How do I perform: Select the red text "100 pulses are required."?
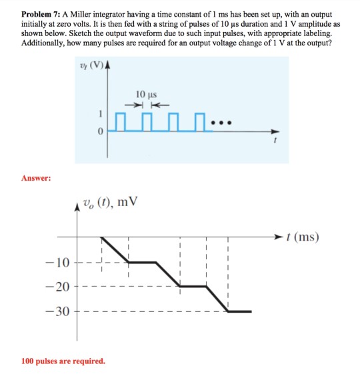63,361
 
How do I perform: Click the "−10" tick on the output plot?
57,262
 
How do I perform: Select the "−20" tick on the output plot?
57,287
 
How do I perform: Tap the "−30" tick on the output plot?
57,311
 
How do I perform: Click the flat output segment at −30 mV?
239,311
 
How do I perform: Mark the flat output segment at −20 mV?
193,287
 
